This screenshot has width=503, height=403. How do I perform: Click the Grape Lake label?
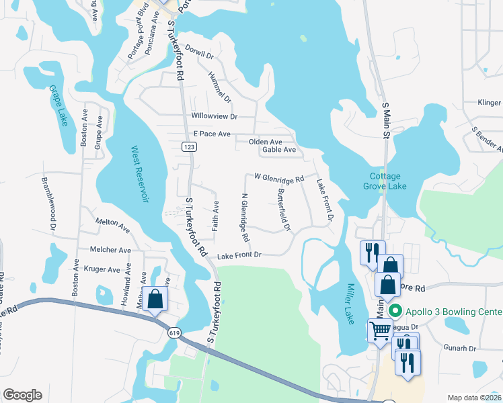coord(58,105)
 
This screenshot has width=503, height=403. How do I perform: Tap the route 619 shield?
coord(173,332)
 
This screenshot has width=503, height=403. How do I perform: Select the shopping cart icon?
coord(380,330)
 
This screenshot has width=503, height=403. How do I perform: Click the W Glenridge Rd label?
coord(279,178)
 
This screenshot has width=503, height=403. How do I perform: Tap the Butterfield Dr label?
coord(283,210)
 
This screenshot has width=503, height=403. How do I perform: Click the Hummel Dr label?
coord(219,88)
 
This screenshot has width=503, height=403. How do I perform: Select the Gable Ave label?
coord(279,150)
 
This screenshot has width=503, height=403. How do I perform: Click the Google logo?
coord(22,395)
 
